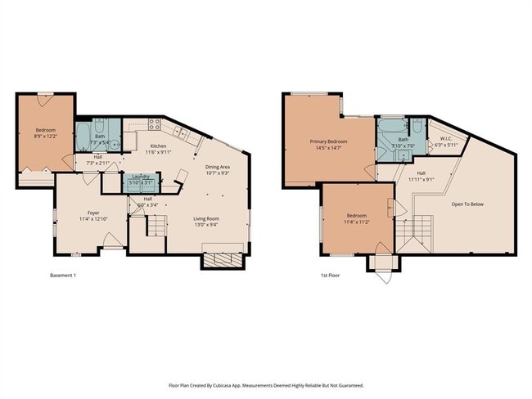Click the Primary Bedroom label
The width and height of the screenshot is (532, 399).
click(x=328, y=141)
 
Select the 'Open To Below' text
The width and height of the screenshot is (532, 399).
click(x=467, y=204)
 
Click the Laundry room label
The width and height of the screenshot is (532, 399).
click(x=140, y=177)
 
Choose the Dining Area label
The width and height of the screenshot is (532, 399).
click(x=217, y=167)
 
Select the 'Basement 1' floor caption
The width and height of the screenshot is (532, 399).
click(x=63, y=275)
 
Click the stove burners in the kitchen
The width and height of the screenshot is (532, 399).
click(x=153, y=124)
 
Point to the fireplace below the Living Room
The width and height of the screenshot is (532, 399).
click(x=222, y=260)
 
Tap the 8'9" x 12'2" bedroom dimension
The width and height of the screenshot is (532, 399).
click(x=45, y=137)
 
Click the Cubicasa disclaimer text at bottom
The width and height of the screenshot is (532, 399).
click(x=266, y=384)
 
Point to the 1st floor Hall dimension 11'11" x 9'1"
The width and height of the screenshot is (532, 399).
click(x=421, y=179)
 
